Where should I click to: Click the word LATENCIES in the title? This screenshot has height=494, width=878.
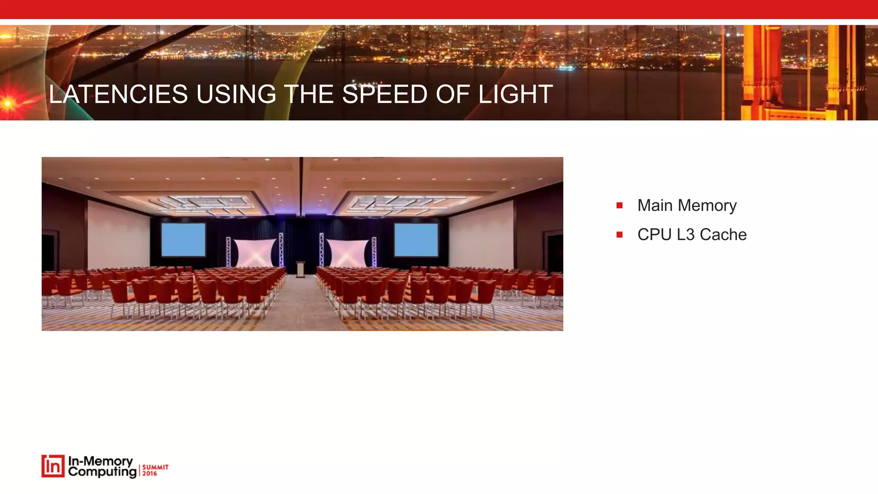[118, 94]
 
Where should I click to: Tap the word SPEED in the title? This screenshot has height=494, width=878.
[385, 94]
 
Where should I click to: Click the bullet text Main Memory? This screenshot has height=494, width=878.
[687, 205]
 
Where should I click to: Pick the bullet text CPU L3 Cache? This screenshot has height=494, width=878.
[692, 235]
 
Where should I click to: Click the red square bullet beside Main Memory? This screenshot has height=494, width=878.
[619, 205]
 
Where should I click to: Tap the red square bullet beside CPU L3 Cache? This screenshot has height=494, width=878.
[619, 235]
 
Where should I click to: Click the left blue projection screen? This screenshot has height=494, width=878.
[183, 240]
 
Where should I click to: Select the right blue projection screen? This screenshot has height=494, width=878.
[416, 240]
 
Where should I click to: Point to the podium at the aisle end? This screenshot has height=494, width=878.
[301, 269]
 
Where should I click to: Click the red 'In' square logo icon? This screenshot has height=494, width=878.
[53, 466]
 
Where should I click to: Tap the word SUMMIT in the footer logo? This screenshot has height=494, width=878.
[155, 467]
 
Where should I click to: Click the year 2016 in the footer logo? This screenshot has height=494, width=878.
[150, 473]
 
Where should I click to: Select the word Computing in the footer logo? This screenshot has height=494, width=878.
[102, 472]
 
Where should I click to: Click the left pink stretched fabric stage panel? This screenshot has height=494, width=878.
[255, 253]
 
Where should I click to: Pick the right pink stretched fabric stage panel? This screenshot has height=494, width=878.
[347, 253]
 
